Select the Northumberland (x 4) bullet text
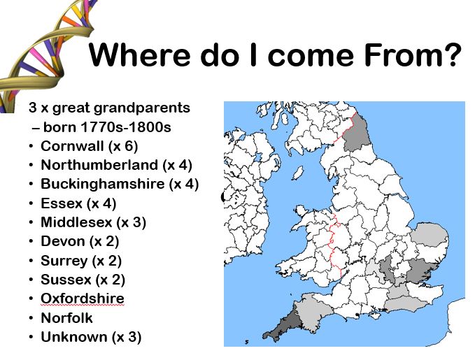116,166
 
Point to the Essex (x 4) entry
78,203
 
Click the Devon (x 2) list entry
80,241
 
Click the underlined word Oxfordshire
82,298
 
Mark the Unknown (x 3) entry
91,337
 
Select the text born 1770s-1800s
105,127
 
